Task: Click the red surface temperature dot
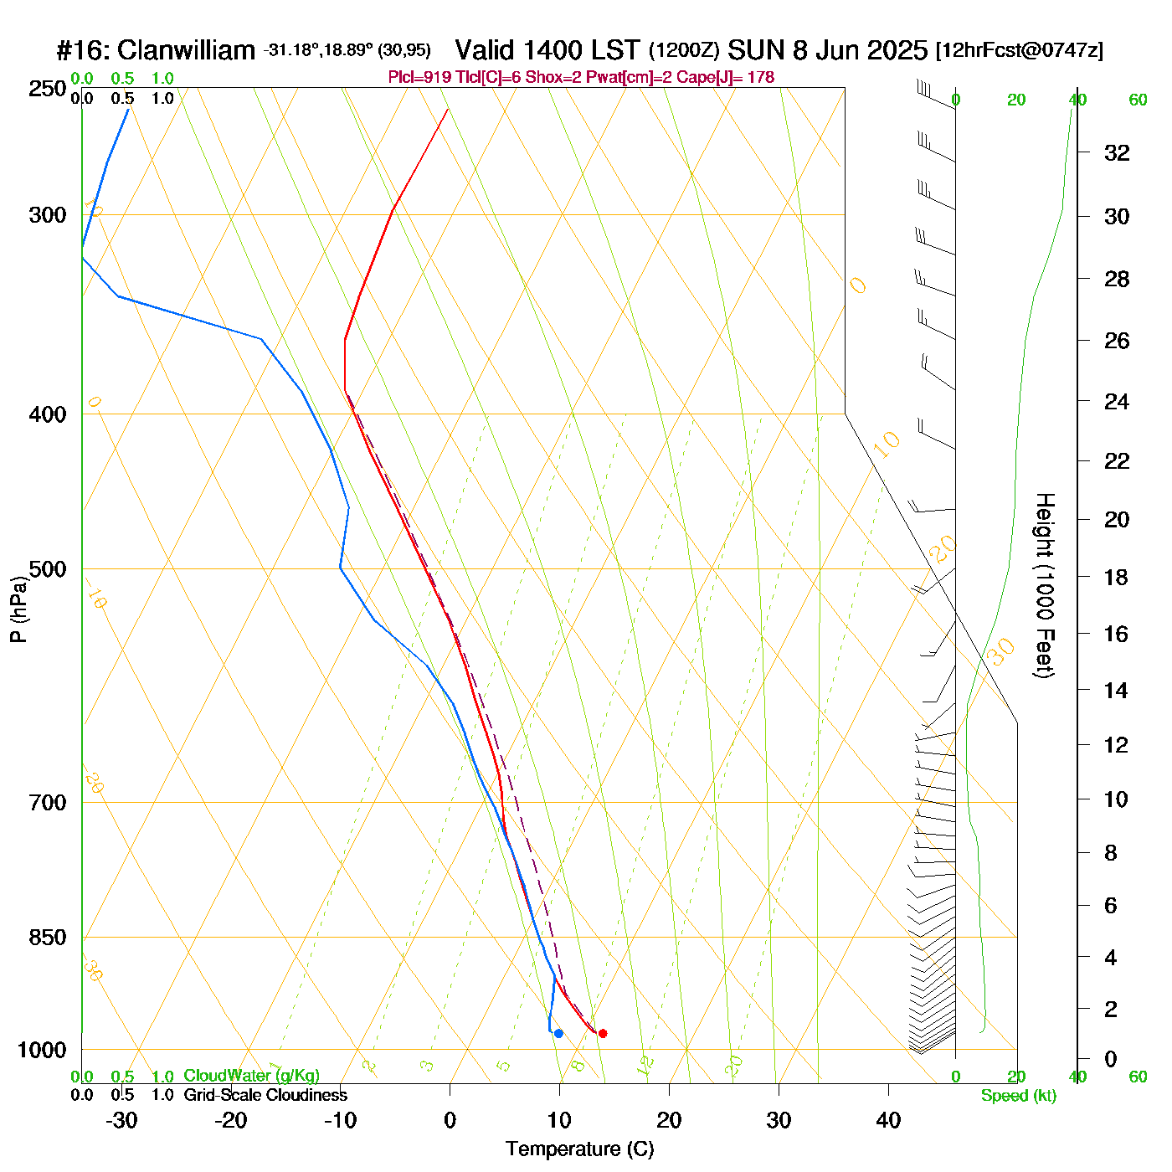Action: [x=602, y=1033]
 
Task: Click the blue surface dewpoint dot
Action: [x=558, y=1033]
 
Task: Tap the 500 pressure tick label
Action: [x=48, y=569]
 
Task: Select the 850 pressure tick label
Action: [x=48, y=938]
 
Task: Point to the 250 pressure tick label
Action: [x=48, y=89]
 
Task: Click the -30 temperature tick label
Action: [x=121, y=1120]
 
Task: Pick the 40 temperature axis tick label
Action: [x=888, y=1120]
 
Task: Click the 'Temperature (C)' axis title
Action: [x=579, y=1149]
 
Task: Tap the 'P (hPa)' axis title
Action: [x=18, y=609]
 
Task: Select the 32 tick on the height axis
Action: [x=1117, y=152]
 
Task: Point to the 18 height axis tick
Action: [x=1117, y=577]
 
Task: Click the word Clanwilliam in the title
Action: [x=186, y=51]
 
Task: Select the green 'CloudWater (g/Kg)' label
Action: [x=251, y=1076]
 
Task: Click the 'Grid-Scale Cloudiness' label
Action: [x=265, y=1095]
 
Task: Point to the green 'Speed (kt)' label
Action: [x=1019, y=1096]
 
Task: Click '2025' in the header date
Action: [x=897, y=50]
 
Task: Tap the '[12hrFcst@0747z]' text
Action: [x=1020, y=50]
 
